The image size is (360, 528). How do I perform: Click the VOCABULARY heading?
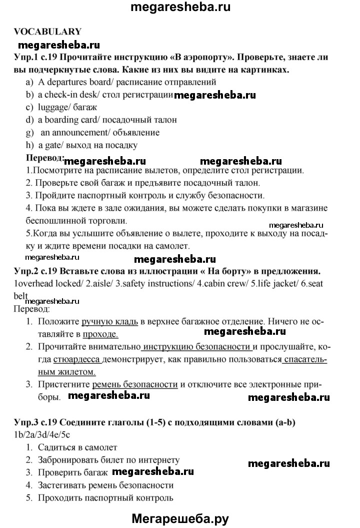[47, 31]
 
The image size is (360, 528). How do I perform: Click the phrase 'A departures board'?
[70, 82]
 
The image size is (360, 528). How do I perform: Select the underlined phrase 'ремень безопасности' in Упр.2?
[135, 384]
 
